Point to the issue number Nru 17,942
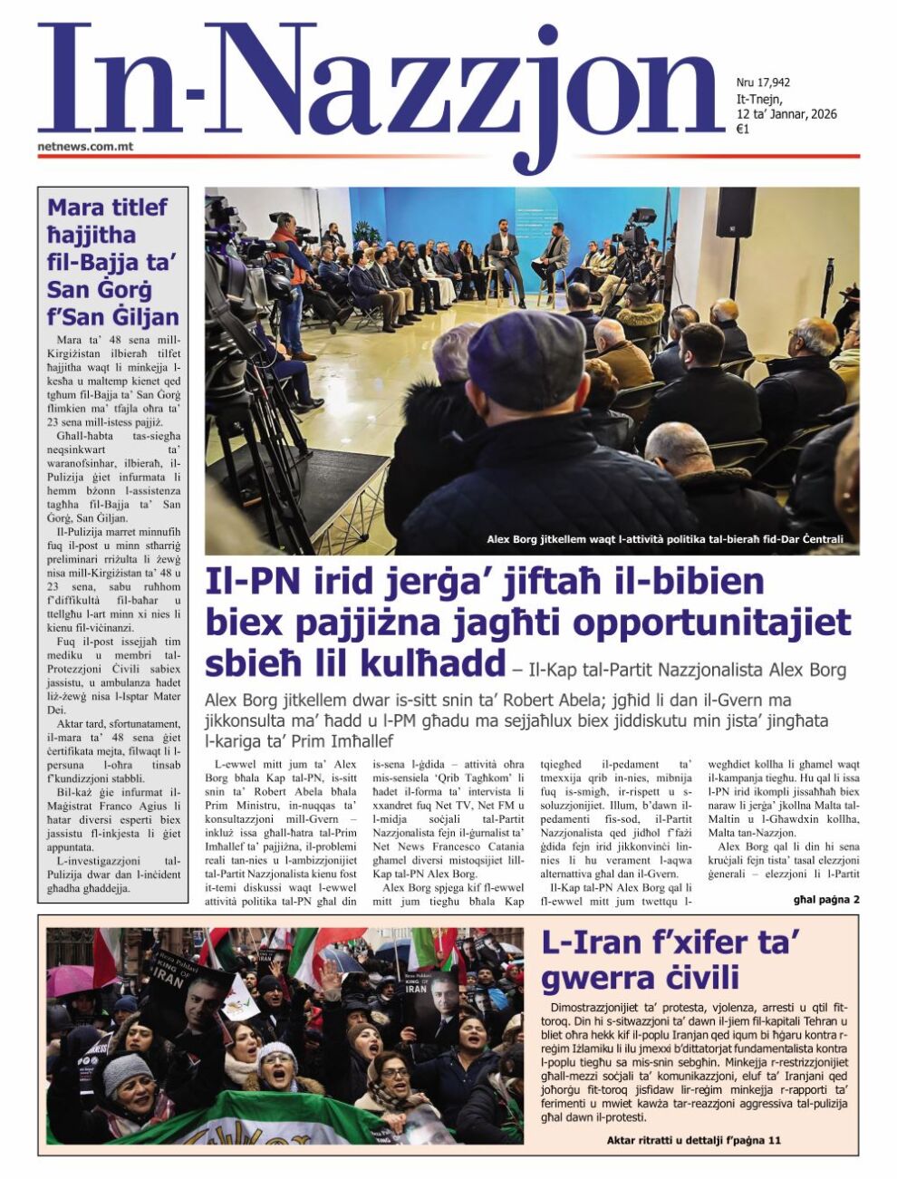763,82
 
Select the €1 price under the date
742,129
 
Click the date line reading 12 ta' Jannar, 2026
786,114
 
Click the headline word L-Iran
591,943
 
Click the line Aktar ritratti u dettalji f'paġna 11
693,1140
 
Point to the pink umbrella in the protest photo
70,980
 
